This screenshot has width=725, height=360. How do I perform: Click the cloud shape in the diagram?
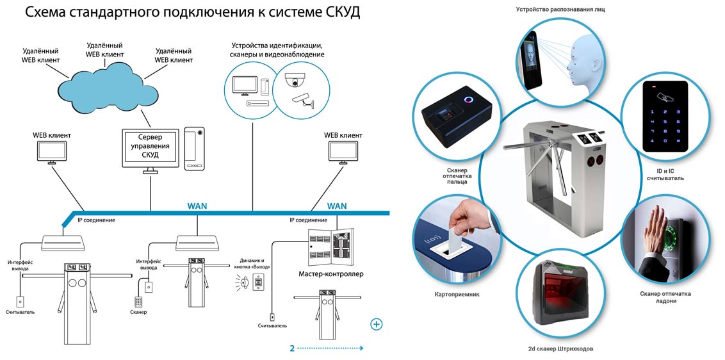[109, 90]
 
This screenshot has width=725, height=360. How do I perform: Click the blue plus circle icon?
[377, 324]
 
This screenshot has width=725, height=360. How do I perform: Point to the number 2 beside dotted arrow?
[292, 348]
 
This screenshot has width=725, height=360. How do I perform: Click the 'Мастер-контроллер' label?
[331, 274]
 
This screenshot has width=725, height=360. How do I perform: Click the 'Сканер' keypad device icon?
[138, 300]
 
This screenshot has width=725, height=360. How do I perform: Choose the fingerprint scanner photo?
[455, 119]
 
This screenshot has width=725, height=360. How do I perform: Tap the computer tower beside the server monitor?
[194, 148]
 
